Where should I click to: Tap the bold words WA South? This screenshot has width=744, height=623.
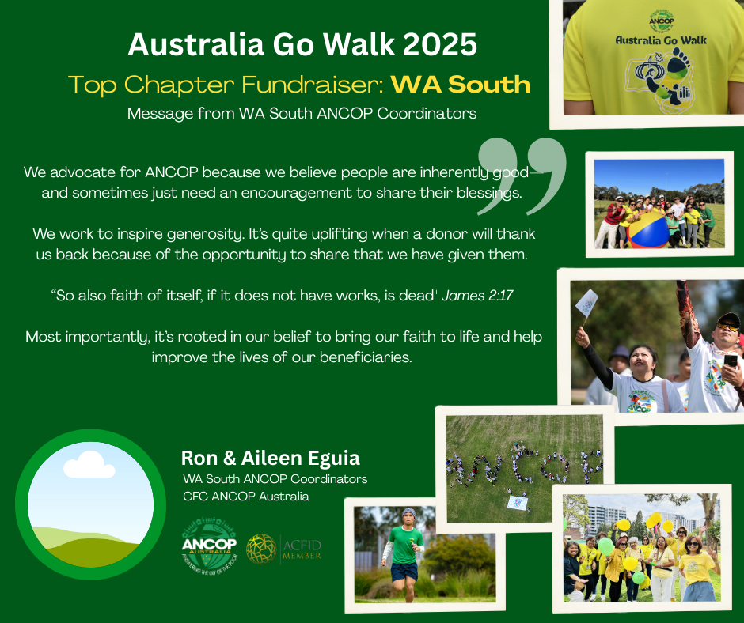461,85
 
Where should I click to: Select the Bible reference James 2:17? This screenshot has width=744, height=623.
477,296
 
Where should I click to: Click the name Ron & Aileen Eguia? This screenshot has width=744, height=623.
271,458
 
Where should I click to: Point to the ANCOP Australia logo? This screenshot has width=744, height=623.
209,546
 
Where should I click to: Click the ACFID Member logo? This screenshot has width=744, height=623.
283,549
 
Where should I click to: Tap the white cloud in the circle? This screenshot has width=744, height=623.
89,465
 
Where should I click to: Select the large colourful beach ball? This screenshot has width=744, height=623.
648,230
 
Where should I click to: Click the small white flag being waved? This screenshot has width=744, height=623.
586,302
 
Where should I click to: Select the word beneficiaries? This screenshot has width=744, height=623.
366,357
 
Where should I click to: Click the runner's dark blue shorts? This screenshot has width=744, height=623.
404,572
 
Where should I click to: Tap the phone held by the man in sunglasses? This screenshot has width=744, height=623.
731,361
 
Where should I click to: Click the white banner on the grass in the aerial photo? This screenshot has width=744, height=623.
518,503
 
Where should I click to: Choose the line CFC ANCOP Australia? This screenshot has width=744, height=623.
246,497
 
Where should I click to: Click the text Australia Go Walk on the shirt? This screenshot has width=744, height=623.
661,40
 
